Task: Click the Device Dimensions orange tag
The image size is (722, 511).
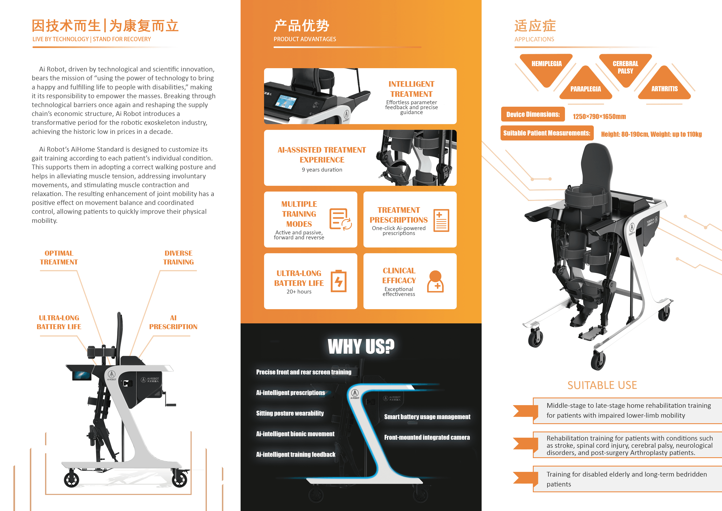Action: (533, 114)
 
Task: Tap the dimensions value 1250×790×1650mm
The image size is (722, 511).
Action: (599, 116)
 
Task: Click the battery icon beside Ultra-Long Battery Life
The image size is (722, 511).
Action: (339, 281)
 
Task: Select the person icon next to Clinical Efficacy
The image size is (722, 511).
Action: (435, 281)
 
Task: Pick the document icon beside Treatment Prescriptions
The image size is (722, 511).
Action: (441, 220)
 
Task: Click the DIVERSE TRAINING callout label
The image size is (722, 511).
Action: (178, 257)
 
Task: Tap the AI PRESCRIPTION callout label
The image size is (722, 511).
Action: (173, 322)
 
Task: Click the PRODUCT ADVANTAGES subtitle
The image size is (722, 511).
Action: (305, 39)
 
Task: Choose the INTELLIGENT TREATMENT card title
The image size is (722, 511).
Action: (411, 89)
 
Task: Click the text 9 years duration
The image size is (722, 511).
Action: (322, 170)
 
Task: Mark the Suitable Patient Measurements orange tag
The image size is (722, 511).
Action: (546, 133)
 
